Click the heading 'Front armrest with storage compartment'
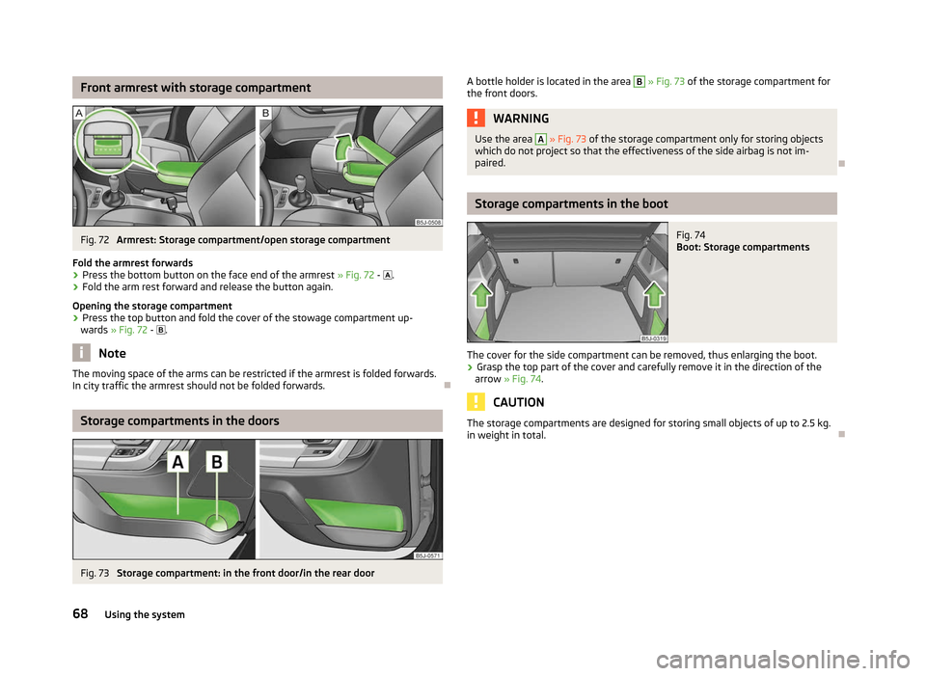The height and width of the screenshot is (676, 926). click(196, 88)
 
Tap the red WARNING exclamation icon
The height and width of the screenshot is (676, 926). click(476, 118)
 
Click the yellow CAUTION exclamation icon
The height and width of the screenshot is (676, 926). click(476, 402)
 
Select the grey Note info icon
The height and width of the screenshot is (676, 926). click(81, 353)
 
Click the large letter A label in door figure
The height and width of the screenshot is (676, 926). click(177, 462)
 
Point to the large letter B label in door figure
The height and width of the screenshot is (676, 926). click(217, 462)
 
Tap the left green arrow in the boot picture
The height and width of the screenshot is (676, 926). click(482, 294)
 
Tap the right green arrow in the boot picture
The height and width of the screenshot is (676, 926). click(654, 294)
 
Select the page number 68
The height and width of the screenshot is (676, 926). click(80, 614)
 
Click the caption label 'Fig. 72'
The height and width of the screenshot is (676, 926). click(95, 240)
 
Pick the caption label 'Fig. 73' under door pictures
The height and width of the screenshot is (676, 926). click(95, 573)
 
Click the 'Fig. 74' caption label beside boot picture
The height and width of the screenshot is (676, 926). click(691, 235)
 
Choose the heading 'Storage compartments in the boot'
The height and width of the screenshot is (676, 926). click(571, 203)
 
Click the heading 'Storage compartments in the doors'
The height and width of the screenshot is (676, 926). click(179, 421)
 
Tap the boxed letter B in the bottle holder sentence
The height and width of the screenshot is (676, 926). click(639, 81)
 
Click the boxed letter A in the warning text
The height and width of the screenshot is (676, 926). click(540, 139)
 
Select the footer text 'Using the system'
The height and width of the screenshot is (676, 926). click(145, 614)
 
